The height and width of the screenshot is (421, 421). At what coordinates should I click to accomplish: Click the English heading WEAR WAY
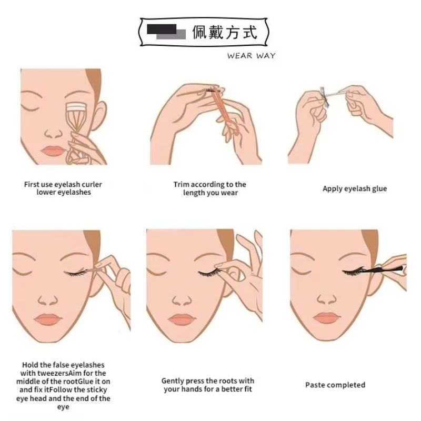pos(251,56)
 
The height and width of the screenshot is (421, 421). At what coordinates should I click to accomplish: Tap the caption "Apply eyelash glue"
pos(354,189)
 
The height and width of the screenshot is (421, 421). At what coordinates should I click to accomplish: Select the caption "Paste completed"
pos(335,385)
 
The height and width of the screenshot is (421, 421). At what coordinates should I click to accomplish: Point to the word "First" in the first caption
pos(33,185)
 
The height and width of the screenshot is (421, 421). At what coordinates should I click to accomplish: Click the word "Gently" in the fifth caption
pos(173,381)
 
